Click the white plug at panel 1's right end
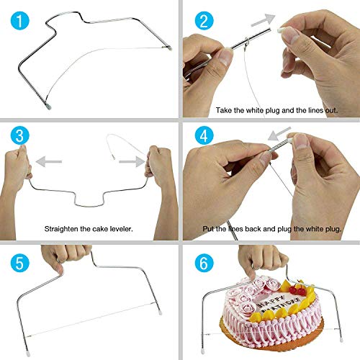click(x=168, y=48)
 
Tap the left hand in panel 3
click(x=18, y=166)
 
